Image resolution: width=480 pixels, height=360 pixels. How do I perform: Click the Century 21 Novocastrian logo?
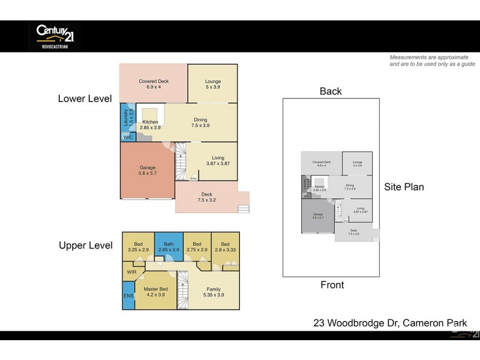(53, 35)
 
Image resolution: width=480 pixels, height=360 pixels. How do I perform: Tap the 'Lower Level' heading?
(85, 98)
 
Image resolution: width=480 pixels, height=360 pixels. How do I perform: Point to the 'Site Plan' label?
(404, 187)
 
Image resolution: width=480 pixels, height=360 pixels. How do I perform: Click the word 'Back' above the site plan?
(330, 91)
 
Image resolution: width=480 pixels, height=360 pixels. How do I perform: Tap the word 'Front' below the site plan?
(331, 286)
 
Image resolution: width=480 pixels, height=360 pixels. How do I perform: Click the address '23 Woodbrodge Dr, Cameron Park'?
(390, 323)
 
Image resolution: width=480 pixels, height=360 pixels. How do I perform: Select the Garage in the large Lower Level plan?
(147, 171)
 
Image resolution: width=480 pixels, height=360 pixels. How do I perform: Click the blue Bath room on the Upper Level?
(168, 247)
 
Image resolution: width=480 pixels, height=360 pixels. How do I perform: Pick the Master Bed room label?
(155, 292)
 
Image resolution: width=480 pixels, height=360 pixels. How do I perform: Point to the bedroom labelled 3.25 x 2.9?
(139, 247)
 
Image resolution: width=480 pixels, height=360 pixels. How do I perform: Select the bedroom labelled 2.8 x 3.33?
(225, 247)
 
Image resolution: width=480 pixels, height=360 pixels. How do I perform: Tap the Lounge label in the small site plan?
(357, 163)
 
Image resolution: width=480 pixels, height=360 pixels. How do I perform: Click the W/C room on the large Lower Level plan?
(128, 137)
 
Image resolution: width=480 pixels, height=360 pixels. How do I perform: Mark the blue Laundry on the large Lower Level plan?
(127, 118)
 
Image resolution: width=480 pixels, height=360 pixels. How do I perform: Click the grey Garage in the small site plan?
(317, 216)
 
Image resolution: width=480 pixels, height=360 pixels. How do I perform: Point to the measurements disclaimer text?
(432, 61)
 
